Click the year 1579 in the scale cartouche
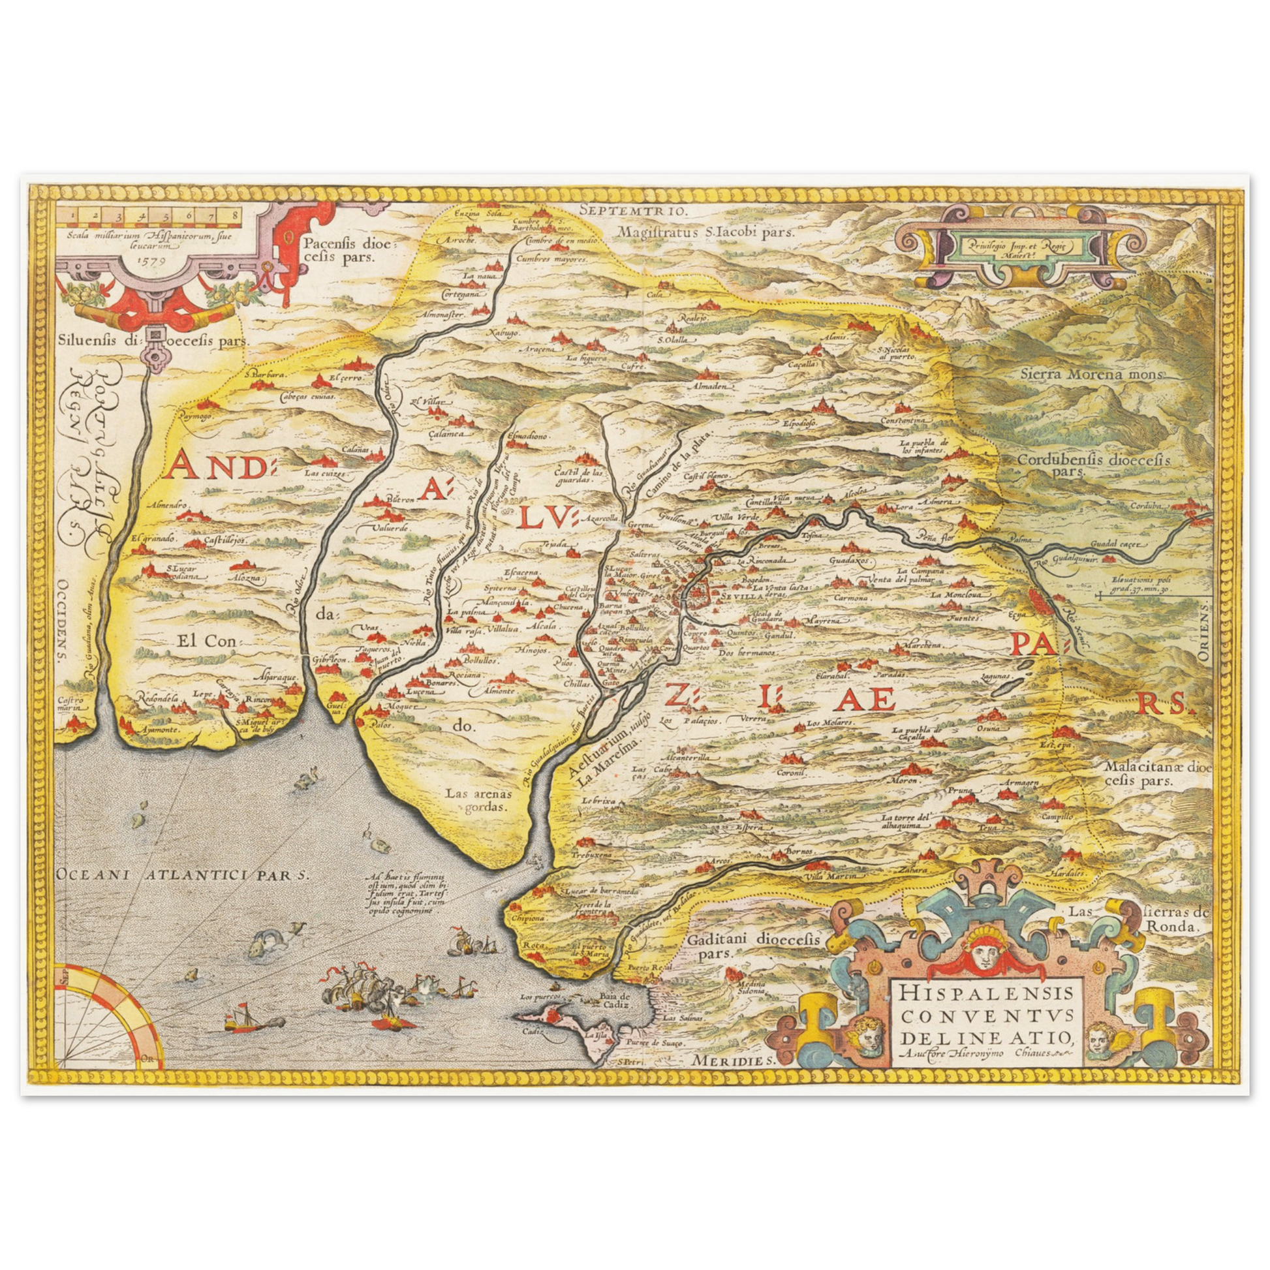[x=152, y=258]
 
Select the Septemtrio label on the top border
[x=634, y=211]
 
